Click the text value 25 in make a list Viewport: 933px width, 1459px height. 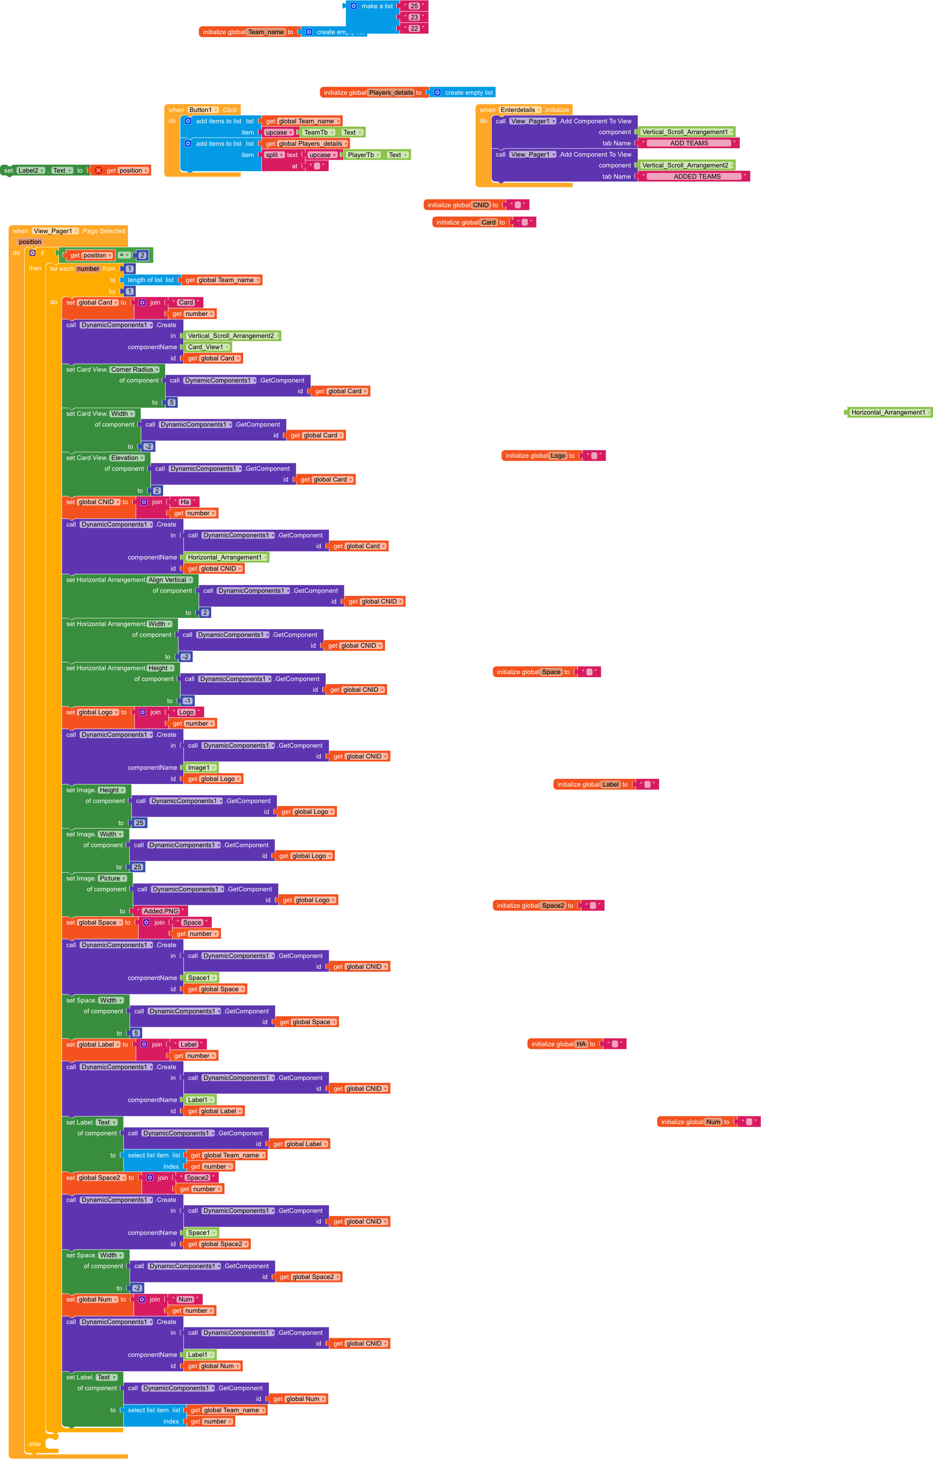(414, 6)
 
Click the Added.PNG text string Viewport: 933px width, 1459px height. (161, 911)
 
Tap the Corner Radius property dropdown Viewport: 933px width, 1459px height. (135, 370)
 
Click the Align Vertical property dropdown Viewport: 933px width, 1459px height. (170, 580)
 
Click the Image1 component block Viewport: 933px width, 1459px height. (201, 768)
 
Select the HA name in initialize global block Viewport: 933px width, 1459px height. (581, 1044)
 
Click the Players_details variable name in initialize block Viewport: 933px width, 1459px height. (391, 93)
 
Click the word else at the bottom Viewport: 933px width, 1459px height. (35, 1444)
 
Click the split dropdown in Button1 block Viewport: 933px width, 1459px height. (274, 155)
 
